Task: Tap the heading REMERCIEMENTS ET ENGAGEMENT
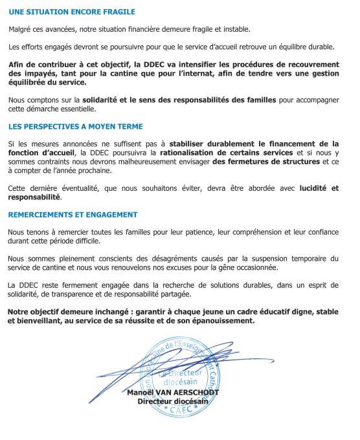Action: tap(73, 214)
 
